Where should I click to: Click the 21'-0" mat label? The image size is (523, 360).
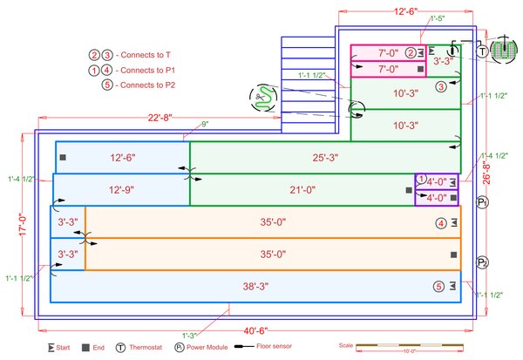pos(302,189)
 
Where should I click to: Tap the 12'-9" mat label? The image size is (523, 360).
pos(121,189)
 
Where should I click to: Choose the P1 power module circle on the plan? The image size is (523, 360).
pos(482,202)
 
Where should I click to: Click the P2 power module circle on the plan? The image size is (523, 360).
pos(482,262)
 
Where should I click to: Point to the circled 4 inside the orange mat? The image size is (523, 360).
pos(441,223)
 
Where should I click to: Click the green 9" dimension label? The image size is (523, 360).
pos(205,125)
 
